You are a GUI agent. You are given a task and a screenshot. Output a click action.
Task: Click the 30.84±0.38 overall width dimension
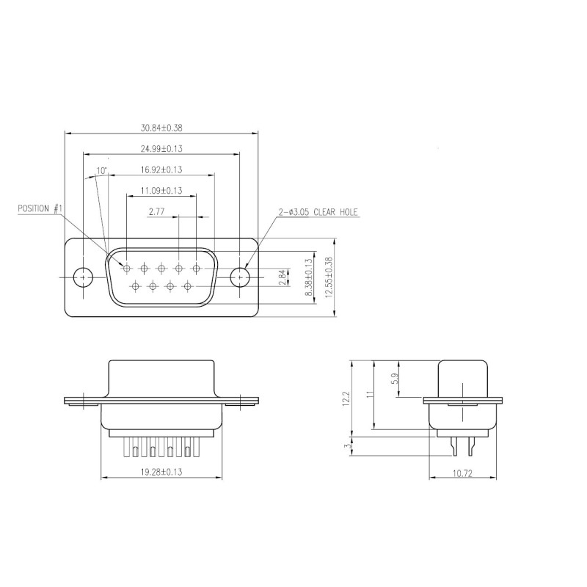[x=161, y=128]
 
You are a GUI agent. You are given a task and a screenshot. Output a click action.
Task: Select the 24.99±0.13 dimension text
[x=161, y=149]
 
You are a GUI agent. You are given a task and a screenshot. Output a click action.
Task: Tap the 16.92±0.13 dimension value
[x=161, y=169]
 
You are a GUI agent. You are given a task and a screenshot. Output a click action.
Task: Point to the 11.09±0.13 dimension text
[x=161, y=191]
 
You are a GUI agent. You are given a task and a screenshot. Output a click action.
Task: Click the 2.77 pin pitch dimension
[x=156, y=212]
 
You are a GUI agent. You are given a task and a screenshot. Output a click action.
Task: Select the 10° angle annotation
[x=101, y=171]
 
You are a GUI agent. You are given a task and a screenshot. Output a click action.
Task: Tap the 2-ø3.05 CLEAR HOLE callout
[x=318, y=212]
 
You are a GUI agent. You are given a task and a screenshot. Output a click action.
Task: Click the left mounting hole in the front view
[x=84, y=277]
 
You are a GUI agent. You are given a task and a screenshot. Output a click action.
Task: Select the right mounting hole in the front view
[x=240, y=277]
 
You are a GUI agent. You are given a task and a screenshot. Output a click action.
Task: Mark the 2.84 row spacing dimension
[x=282, y=277]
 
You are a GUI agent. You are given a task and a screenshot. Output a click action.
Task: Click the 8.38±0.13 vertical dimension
[x=309, y=277]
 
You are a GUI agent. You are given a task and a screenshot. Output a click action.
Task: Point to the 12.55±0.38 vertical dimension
[x=329, y=277]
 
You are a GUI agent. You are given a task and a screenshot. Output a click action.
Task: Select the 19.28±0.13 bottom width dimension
[x=161, y=473]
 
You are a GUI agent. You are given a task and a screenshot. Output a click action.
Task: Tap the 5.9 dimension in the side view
[x=394, y=379]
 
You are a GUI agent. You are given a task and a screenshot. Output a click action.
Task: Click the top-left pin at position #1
[x=126, y=269]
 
